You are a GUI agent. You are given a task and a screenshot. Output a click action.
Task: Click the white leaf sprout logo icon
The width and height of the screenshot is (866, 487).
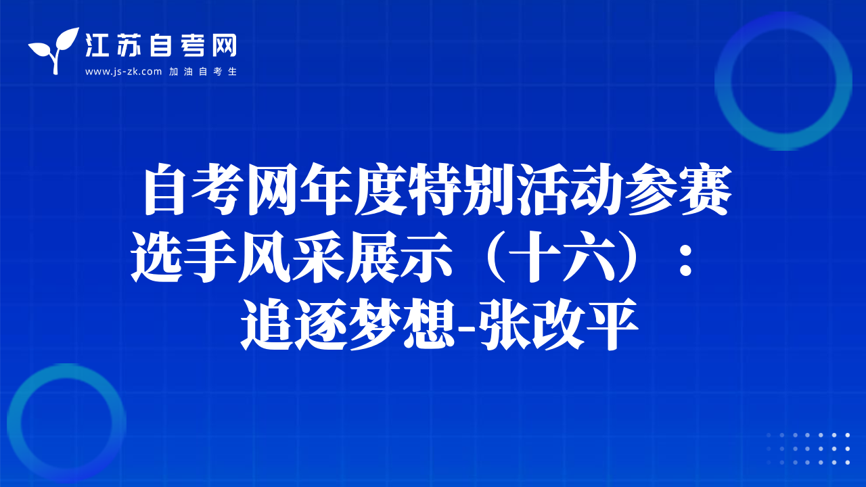tap(53, 50)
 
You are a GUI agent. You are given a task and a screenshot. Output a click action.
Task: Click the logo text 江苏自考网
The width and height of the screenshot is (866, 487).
tap(161, 45)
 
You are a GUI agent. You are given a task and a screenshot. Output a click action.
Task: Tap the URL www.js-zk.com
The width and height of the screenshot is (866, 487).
tap(123, 72)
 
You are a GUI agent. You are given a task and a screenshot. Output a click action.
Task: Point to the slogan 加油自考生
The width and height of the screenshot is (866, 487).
tap(203, 72)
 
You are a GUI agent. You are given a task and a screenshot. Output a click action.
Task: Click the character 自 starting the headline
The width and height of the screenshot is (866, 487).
tap(164, 189)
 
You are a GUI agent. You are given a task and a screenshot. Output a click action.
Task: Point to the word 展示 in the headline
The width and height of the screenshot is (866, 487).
tap(399, 257)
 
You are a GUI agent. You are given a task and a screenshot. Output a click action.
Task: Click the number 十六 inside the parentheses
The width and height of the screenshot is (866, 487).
tap(560, 257)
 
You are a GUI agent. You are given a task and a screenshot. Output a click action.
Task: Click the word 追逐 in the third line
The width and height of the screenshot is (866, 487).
tap(294, 325)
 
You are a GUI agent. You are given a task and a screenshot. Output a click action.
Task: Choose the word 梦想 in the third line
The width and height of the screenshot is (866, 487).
tap(401, 325)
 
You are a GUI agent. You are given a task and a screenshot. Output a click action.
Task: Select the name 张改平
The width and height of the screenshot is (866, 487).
tap(558, 325)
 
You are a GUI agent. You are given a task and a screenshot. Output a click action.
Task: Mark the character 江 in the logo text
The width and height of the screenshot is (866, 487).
tap(97, 45)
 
